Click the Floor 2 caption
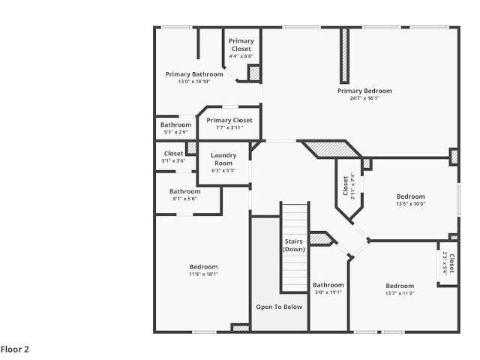[x=15, y=349]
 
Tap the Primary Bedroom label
[x=364, y=91]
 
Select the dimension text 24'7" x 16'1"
[x=364, y=98]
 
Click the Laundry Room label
[x=223, y=159]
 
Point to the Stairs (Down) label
[x=294, y=245]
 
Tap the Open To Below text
[x=279, y=307]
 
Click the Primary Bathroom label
[x=194, y=74]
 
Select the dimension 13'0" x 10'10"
[x=194, y=82]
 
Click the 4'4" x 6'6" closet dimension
[x=241, y=56]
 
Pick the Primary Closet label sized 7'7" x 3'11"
[x=229, y=120]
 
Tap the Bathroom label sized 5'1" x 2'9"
[x=175, y=125]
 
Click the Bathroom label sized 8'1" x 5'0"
[x=185, y=191]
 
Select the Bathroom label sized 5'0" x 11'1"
[x=328, y=285]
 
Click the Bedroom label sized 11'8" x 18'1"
[x=203, y=267]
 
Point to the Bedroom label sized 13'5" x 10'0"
[x=411, y=196]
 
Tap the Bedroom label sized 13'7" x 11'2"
[x=400, y=286]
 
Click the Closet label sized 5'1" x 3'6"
[x=173, y=154]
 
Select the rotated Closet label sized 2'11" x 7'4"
[x=346, y=186]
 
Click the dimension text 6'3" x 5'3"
[x=223, y=170]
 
